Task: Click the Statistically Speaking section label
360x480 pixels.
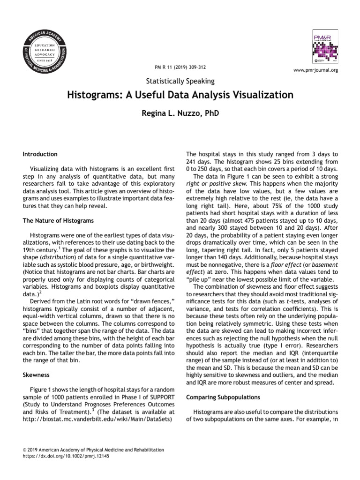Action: click(180, 81)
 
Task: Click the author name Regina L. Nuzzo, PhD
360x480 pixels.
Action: click(180, 113)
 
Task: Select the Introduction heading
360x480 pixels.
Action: click(40, 154)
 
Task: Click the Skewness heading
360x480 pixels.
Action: click(36, 375)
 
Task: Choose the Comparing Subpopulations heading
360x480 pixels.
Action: click(223, 397)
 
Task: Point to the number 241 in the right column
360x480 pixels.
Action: click(192, 161)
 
